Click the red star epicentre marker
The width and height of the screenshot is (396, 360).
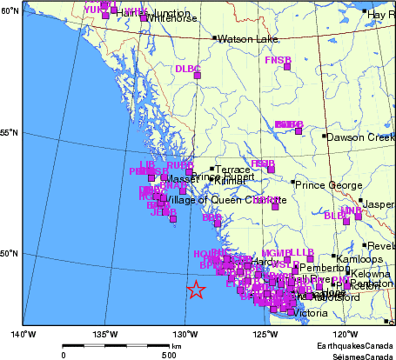197,290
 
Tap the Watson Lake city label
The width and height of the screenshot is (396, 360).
245,39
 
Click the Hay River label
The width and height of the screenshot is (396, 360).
380,15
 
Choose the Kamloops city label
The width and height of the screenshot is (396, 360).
359,259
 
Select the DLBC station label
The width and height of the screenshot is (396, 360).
187,68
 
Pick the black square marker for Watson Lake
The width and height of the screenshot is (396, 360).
215,38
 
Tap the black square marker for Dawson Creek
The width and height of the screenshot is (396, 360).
325,136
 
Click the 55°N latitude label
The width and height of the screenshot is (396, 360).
10,132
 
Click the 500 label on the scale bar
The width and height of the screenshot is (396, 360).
168,355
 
